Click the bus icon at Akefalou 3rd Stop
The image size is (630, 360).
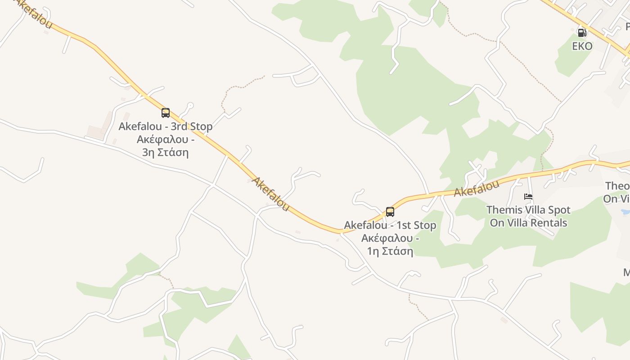[166, 113]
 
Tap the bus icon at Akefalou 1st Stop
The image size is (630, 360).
[390, 212]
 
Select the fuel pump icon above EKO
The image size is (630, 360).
[582, 33]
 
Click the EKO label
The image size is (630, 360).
[582, 46]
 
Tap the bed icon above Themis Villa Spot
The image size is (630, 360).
[528, 197]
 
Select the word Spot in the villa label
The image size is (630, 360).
[559, 210]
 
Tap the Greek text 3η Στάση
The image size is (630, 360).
[165, 152]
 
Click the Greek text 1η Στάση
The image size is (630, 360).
[390, 251]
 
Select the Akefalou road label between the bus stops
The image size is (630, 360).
[270, 194]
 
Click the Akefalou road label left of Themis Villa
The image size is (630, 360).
[477, 189]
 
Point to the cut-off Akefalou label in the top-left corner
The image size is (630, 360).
[34, 13]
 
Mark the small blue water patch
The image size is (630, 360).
[625, 211]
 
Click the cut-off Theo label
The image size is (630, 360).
[617, 186]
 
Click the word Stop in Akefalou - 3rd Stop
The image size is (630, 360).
[201, 126]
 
